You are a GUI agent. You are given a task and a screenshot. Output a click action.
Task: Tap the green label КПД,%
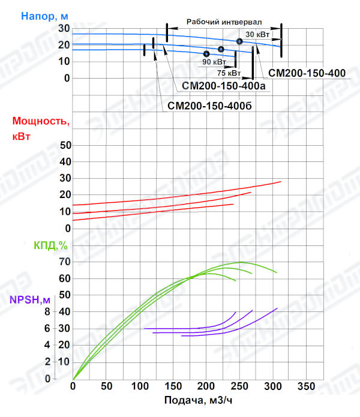(x=50, y=245)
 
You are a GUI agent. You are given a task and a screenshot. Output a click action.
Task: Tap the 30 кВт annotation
(x=258, y=34)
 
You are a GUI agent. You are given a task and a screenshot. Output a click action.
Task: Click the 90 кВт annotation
(x=214, y=62)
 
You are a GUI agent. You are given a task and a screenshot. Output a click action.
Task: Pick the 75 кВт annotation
(x=229, y=73)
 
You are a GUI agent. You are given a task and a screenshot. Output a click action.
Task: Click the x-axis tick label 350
(x=307, y=385)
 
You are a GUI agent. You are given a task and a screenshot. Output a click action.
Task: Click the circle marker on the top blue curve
(x=239, y=41)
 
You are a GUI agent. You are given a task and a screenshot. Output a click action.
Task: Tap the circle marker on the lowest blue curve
(x=206, y=54)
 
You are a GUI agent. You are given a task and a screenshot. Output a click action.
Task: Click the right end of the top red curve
(x=280, y=181)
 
